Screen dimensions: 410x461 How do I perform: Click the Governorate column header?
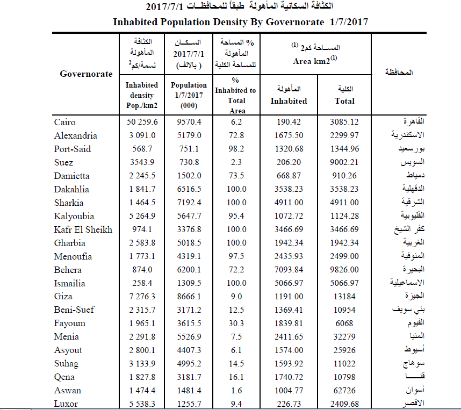click(86, 74)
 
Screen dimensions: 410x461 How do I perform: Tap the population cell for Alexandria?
click(189, 136)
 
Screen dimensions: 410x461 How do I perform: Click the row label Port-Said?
click(73, 149)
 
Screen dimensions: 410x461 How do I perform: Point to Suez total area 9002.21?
click(344, 163)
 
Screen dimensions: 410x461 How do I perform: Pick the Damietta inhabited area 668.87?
click(289, 176)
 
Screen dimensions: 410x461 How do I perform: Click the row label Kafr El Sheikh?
click(83, 230)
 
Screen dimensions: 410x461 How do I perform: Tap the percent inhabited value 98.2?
click(237, 149)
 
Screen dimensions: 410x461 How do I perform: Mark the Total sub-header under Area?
click(344, 100)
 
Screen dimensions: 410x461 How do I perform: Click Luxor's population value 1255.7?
click(189, 404)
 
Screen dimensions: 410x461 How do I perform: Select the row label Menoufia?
click(73, 257)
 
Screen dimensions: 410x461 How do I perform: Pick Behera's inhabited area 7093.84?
click(289, 270)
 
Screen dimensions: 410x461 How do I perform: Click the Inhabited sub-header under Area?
click(289, 100)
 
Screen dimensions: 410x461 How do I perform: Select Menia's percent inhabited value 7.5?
click(237, 337)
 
